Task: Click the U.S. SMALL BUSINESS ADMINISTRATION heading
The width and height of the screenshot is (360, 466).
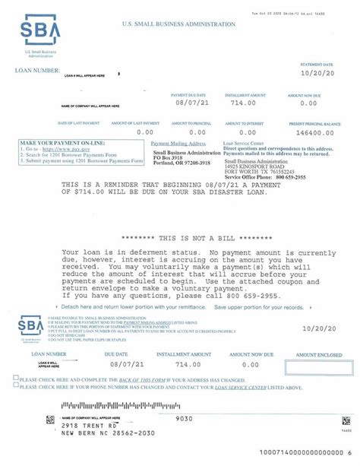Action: click(x=178, y=24)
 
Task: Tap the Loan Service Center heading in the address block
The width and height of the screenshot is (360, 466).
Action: click(x=244, y=142)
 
